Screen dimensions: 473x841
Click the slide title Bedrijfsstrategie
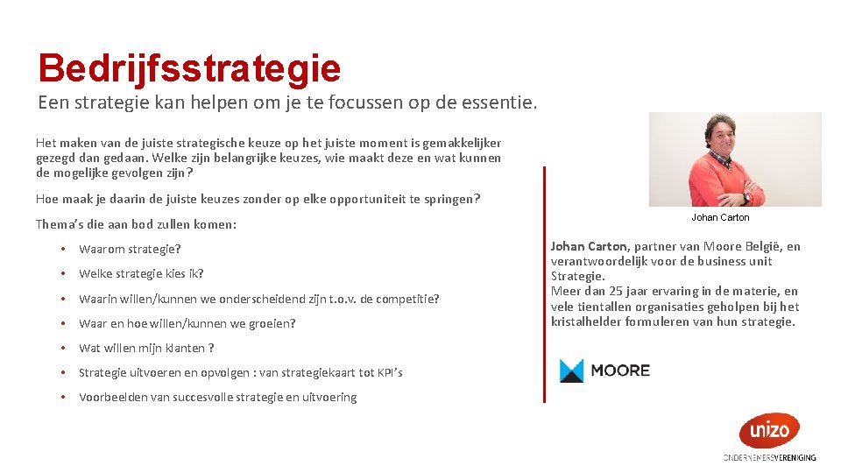(x=188, y=67)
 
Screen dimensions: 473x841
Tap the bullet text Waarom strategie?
(x=130, y=250)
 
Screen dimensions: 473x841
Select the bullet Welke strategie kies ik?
(x=141, y=274)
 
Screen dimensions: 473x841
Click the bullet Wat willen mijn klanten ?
(x=146, y=348)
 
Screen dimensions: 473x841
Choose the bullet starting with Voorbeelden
(x=217, y=398)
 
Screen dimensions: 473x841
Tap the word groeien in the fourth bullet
(x=274, y=323)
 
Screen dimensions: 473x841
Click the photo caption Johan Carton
(x=720, y=217)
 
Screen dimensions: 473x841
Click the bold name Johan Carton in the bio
(x=589, y=247)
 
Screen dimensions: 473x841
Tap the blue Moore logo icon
(x=571, y=371)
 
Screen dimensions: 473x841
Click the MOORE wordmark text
(x=620, y=371)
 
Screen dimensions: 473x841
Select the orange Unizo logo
(x=768, y=430)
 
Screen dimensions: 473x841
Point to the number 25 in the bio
(x=610, y=291)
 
